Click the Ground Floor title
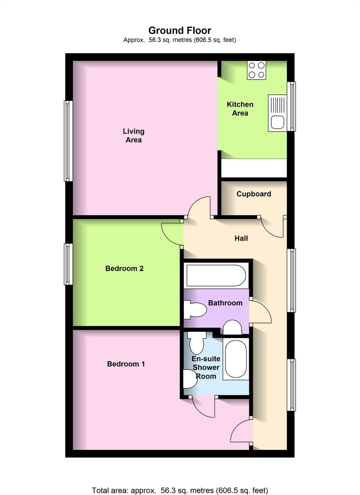(180, 31)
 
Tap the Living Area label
(134, 135)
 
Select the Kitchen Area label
(240, 108)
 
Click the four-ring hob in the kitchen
(256, 70)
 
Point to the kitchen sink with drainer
(277, 113)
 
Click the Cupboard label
(253, 194)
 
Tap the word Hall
(241, 238)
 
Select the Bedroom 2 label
(124, 268)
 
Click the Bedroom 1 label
(126, 364)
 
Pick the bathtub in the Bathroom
(216, 276)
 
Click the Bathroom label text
(225, 303)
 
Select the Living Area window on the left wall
(69, 141)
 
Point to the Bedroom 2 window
(69, 264)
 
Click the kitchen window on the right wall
(291, 106)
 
